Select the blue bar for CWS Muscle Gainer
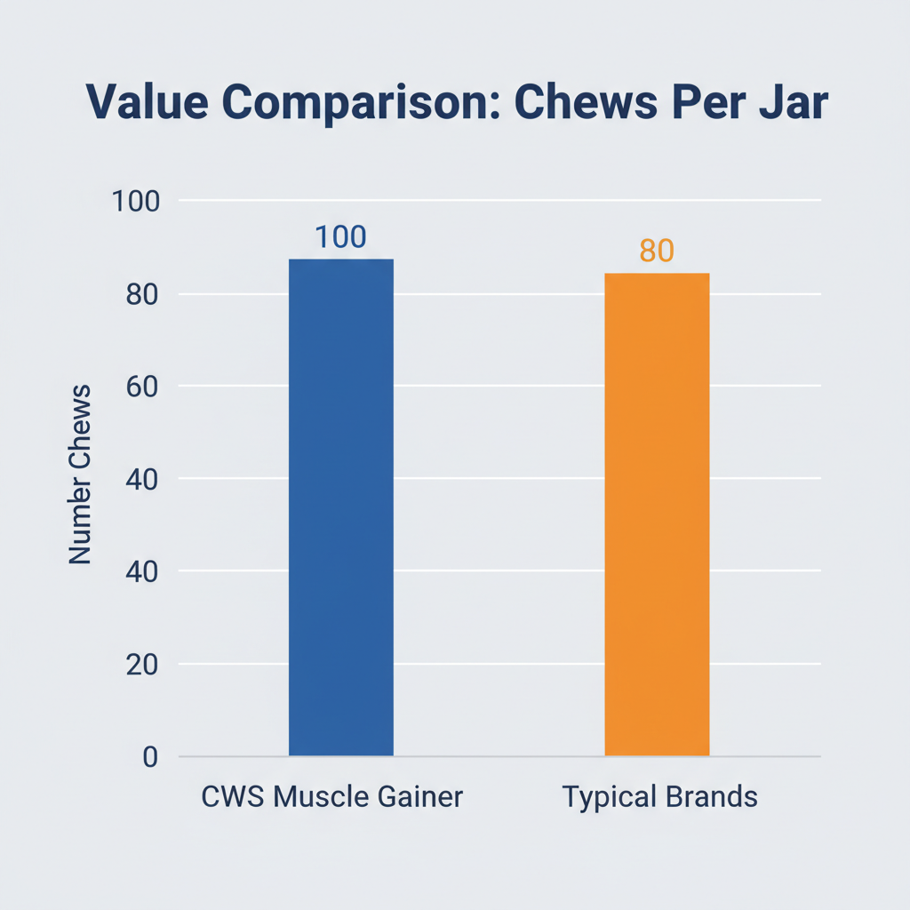click(341, 507)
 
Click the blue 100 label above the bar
click(340, 237)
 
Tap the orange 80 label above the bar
click(657, 251)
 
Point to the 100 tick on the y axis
click(134, 201)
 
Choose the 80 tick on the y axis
click(141, 294)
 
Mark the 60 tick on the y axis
click(141, 387)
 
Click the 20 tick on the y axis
click(141, 665)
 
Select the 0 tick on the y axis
click(149, 757)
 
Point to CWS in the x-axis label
click(234, 796)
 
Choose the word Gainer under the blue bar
click(422, 796)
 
